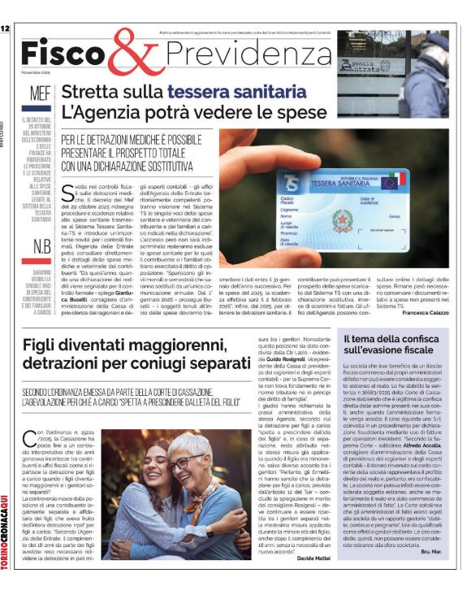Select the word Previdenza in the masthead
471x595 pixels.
tap(239, 52)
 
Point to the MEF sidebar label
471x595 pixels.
tap(40, 93)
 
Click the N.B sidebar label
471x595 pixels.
tap(41, 247)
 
